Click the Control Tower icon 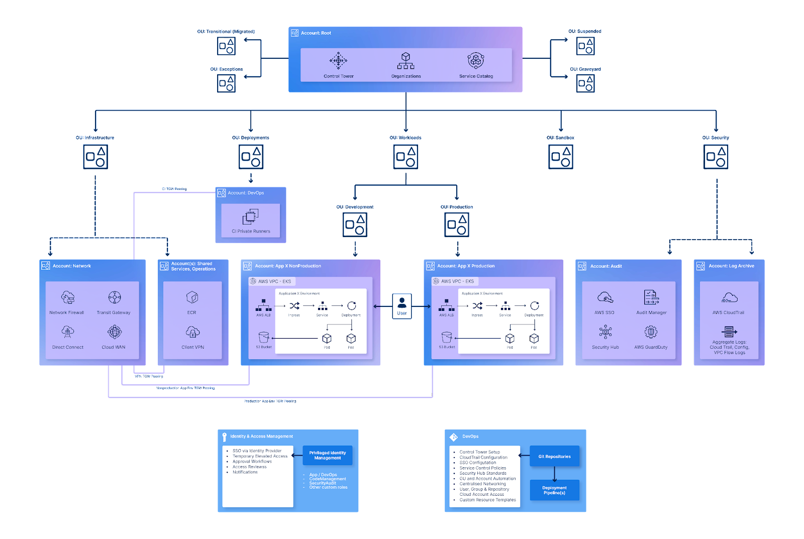338,61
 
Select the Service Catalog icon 476,61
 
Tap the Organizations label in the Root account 406,76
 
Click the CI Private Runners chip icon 250,217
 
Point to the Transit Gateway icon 115,297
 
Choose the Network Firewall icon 68,297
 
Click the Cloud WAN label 114,347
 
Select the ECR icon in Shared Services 192,297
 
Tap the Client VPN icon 192,332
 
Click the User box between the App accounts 402,306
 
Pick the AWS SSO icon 605,297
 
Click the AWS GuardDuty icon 651,332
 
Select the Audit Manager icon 651,297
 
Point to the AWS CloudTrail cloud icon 729,298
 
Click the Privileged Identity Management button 328,455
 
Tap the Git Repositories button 554,456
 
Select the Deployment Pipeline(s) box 554,490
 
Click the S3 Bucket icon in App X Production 447,337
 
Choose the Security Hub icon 605,332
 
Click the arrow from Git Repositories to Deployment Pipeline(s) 554,473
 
